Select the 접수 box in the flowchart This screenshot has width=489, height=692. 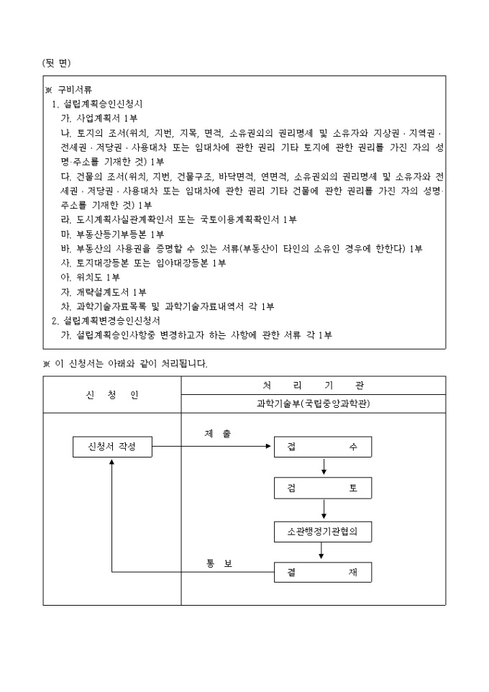[x=322, y=447]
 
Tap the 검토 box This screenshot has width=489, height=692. [x=322, y=488]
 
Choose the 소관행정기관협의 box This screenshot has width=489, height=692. [x=322, y=532]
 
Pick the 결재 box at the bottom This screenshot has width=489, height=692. [x=322, y=572]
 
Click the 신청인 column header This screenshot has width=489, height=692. [x=111, y=395]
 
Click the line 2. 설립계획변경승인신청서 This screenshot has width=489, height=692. [x=106, y=321]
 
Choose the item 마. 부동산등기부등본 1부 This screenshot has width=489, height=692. [x=113, y=234]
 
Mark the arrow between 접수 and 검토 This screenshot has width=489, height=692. [x=324, y=467]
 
